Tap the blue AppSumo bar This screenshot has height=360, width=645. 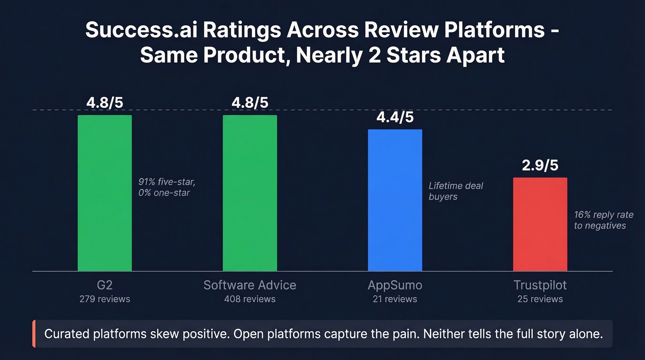[395, 200]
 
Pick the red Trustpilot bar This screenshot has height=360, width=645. [540, 224]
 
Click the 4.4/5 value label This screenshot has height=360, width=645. [395, 118]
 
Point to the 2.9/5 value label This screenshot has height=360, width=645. [540, 165]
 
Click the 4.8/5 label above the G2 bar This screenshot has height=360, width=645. [105, 103]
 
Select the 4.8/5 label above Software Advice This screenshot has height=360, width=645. [250, 103]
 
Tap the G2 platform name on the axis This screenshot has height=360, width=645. [105, 285]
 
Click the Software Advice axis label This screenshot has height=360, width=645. [250, 285]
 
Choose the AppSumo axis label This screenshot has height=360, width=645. [395, 285]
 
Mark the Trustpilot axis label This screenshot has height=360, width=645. [540, 285]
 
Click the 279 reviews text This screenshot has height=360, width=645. [105, 299]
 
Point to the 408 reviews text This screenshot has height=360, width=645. [250, 299]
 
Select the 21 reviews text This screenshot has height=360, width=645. [395, 299]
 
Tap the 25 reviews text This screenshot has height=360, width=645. [540, 299]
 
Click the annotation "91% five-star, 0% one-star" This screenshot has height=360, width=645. [166, 187]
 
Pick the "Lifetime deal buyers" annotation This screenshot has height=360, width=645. [456, 191]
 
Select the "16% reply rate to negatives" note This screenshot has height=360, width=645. [600, 220]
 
